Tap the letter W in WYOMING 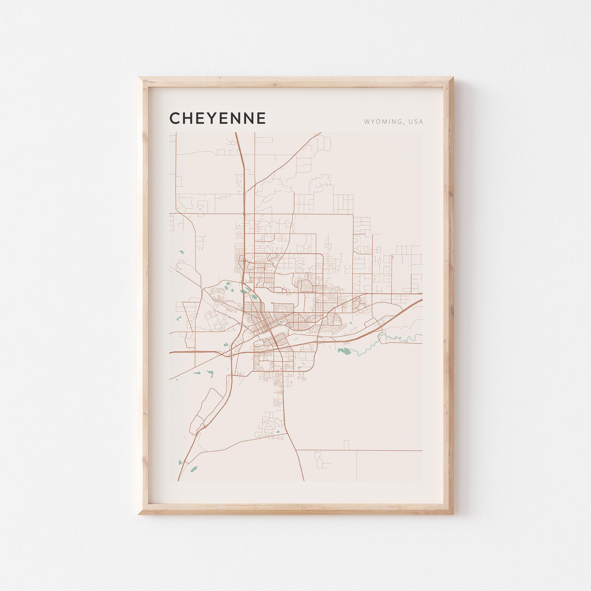[x=366, y=122]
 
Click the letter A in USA [x=421, y=122]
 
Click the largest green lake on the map [x=344, y=352]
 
